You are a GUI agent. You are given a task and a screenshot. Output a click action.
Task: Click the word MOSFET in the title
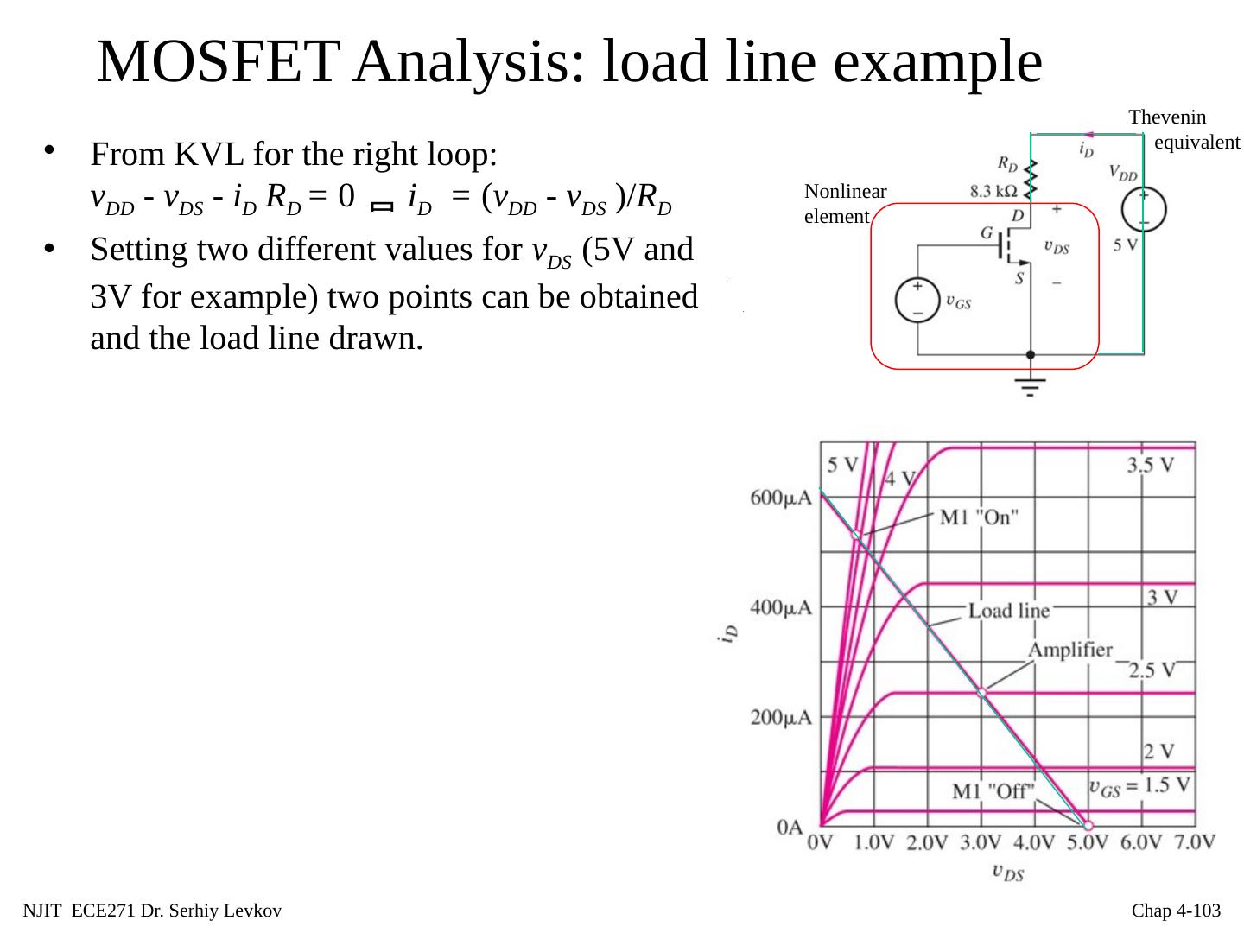click(216, 62)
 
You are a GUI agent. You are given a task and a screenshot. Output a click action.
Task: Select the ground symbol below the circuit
click(1030, 384)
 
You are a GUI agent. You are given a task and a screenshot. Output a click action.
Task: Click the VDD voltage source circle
click(1143, 210)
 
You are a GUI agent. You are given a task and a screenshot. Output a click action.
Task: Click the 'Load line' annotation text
click(1008, 612)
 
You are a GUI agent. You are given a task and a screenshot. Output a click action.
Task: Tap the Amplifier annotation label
click(1069, 651)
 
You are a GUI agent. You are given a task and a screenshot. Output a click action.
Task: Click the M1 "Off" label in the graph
click(993, 791)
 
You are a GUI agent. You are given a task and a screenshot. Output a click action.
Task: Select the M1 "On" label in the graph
click(979, 517)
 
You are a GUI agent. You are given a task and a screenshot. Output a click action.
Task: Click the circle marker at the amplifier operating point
click(981, 693)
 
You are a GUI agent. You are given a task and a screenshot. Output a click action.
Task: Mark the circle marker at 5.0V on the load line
click(1088, 826)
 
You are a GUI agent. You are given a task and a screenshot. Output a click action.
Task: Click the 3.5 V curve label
click(1150, 466)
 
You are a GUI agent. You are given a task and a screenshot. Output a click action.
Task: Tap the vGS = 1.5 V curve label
click(1139, 786)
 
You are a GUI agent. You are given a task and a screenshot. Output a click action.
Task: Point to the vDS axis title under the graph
click(1008, 873)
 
